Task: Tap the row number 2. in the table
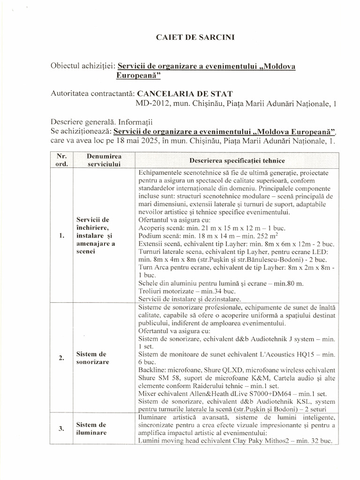(x=62, y=358)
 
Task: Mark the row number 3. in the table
(x=62, y=428)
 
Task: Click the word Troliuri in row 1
(x=151, y=291)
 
